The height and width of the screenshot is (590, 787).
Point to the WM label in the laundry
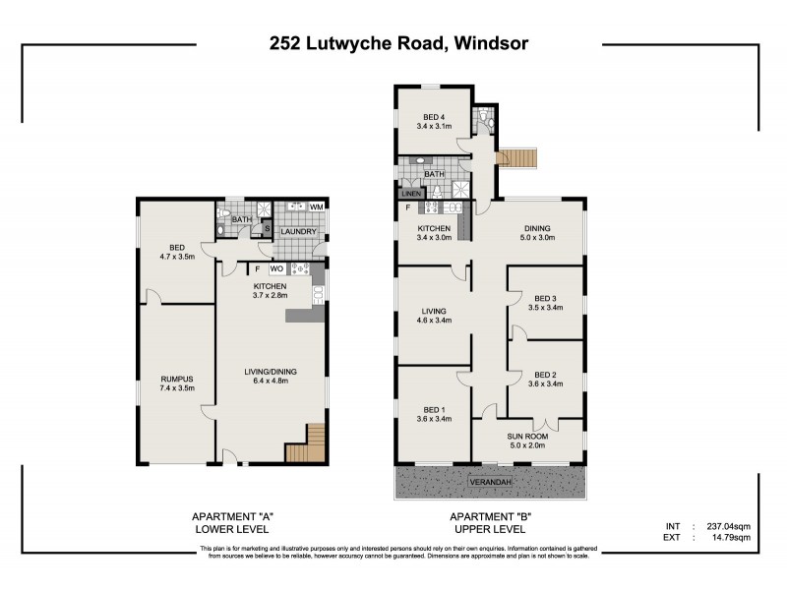(316, 207)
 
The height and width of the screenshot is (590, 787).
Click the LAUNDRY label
(297, 232)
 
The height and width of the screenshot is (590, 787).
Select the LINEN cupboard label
(411, 194)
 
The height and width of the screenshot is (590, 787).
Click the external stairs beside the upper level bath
(519, 158)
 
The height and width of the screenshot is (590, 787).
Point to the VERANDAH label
(489, 483)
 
